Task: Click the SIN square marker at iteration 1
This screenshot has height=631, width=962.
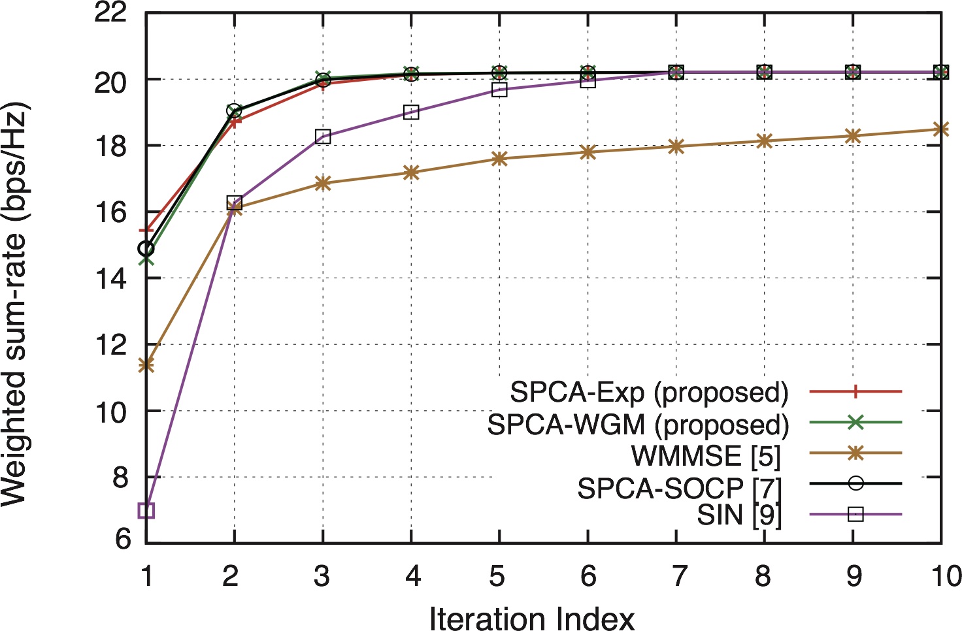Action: point(146,510)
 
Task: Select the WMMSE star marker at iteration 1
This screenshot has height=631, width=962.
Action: point(146,365)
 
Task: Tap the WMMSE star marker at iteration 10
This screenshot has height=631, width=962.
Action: point(940,129)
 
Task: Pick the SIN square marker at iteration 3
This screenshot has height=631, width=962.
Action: point(323,137)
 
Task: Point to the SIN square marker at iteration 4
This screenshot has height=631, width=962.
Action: point(411,112)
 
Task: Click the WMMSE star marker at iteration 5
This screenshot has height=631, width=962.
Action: point(499,159)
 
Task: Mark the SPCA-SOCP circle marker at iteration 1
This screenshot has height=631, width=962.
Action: point(146,249)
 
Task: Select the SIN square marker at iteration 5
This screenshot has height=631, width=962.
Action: point(499,90)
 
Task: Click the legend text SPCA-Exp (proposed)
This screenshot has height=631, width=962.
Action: point(649,392)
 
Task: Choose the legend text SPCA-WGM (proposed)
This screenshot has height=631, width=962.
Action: point(638,425)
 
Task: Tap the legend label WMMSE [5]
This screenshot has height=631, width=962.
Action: point(706,455)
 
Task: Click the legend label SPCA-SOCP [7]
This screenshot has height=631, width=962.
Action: point(679,487)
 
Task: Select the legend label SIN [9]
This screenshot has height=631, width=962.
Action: point(738,515)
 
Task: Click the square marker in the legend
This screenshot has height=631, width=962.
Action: point(855,515)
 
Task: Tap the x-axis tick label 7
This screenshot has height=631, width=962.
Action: point(678,576)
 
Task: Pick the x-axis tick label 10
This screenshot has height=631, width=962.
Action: point(945,576)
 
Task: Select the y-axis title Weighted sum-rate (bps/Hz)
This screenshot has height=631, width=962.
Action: point(14,304)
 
